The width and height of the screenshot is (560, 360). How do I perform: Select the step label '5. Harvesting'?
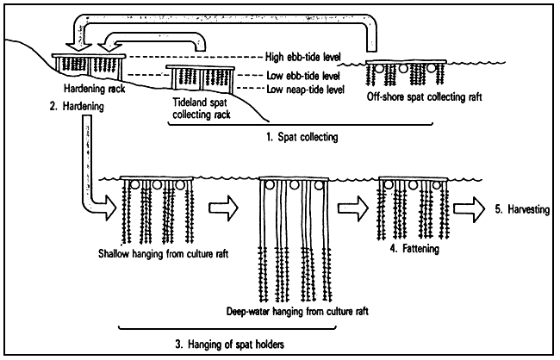(x=517, y=208)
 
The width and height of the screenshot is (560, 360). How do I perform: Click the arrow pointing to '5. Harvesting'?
(x=473, y=208)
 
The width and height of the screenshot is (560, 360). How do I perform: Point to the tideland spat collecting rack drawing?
(x=196, y=78)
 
